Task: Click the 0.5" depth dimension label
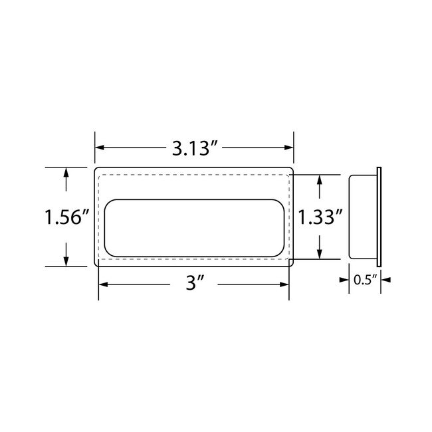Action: pyautogui.click(x=365, y=280)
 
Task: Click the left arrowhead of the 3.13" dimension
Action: pyautogui.click(x=100, y=148)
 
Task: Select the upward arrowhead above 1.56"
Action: pyautogui.click(x=66, y=172)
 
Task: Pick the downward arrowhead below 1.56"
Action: pyautogui.click(x=66, y=261)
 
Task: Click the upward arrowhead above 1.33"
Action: pyautogui.click(x=320, y=180)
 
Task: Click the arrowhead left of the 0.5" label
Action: pyautogui.click(x=346, y=280)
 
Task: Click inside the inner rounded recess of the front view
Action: pyautogui.click(x=193, y=227)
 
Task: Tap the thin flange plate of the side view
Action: pyautogui.click(x=379, y=217)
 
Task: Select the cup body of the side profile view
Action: pyautogui.click(x=363, y=217)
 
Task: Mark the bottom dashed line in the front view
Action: pyautogui.click(x=193, y=259)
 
